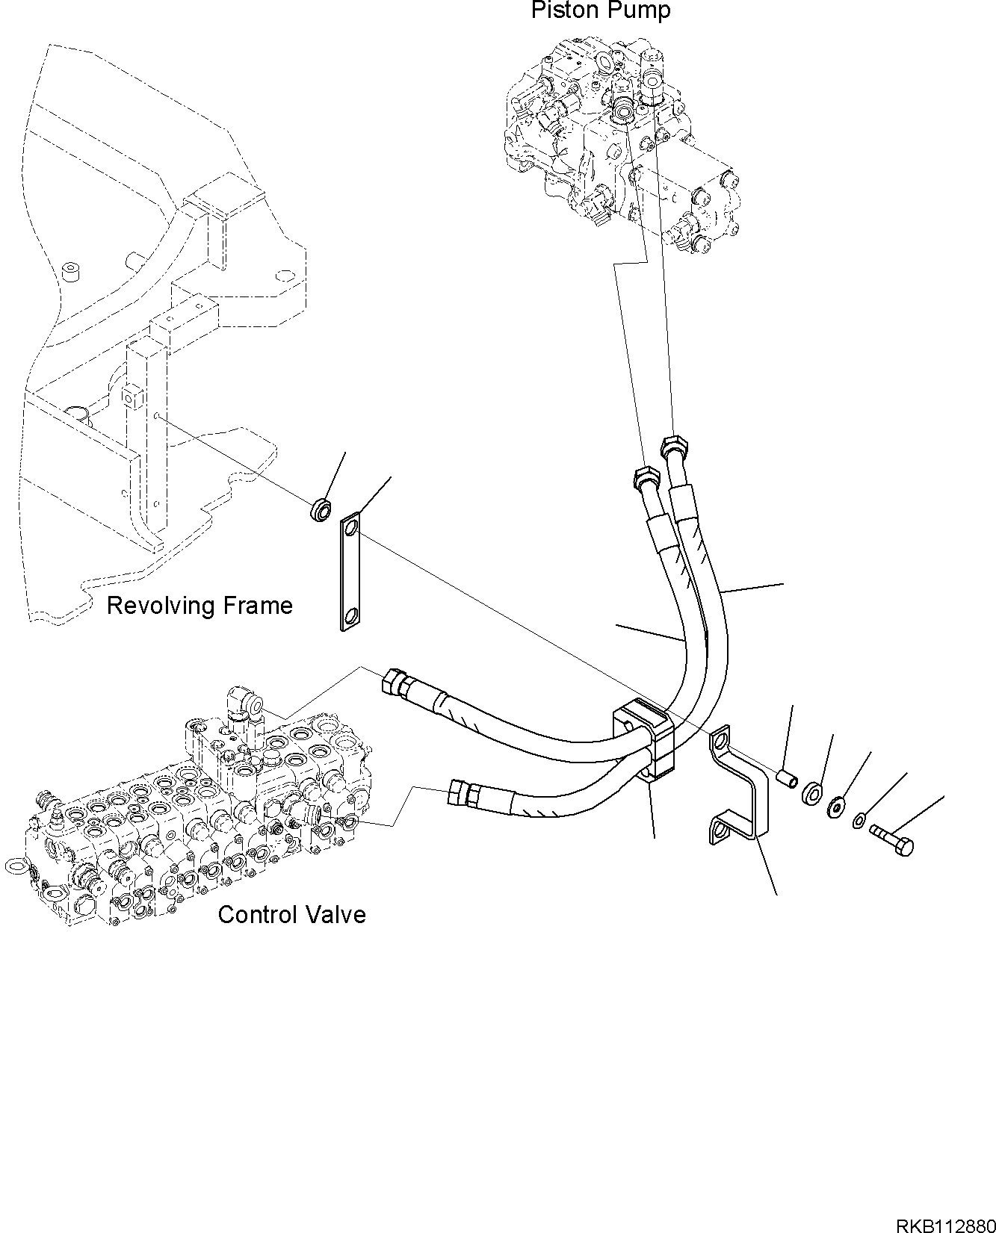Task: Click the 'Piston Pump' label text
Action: pos(600,11)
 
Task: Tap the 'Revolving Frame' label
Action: pos(199,605)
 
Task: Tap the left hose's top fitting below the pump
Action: pos(645,477)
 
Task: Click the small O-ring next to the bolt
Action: pos(860,822)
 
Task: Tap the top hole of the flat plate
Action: pos(352,527)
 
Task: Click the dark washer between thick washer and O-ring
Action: pos(835,807)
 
